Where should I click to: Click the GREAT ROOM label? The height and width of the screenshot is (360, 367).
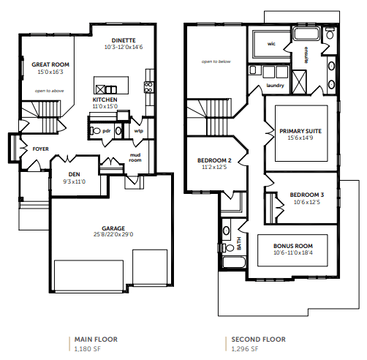[x=50, y=64]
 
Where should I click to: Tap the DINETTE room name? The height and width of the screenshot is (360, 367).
[x=124, y=40]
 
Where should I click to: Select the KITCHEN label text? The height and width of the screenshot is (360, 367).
[x=105, y=100]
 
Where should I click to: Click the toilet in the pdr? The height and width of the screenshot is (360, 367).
[x=96, y=131]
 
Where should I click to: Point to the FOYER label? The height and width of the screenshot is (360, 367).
[x=40, y=149]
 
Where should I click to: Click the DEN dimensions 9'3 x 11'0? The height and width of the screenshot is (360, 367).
[x=75, y=181]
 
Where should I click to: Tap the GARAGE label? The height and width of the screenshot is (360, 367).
[x=113, y=228]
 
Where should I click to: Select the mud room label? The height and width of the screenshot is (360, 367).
[x=135, y=157]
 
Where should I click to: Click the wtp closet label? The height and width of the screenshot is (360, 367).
[x=139, y=131]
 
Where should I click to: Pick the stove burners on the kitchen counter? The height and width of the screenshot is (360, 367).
[x=148, y=87]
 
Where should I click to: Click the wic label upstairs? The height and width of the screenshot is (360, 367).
[x=271, y=44]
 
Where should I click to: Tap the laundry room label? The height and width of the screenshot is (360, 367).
[x=275, y=86]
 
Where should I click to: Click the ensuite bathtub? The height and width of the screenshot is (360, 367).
[x=306, y=34]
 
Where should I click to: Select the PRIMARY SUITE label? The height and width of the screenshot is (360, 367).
[x=300, y=131]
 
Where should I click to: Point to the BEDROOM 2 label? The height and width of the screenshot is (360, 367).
[x=214, y=160]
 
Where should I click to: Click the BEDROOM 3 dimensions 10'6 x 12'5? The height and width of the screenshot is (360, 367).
[x=307, y=202]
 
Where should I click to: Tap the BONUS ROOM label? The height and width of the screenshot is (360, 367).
[x=293, y=246]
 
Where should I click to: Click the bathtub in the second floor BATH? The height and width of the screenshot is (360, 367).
[x=235, y=262]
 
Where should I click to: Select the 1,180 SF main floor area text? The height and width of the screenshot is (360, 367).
[x=87, y=349]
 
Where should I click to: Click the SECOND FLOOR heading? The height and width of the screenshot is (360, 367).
[x=258, y=340]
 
